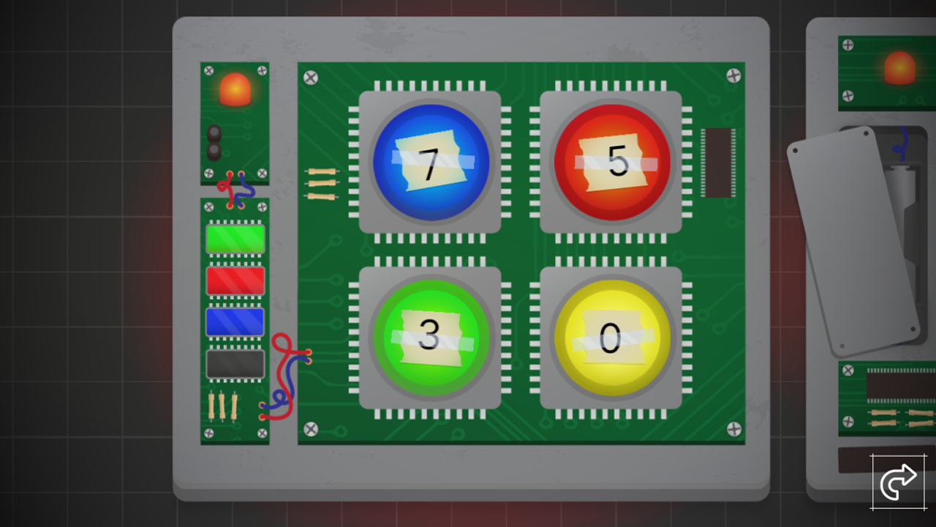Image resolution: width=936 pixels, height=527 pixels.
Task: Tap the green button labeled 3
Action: point(430,337)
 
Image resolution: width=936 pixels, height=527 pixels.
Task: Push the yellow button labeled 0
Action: point(611,337)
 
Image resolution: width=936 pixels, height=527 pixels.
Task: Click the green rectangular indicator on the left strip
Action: point(235,239)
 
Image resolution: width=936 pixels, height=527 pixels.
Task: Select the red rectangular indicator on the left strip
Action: point(235,280)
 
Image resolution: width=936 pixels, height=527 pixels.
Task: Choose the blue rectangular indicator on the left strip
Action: point(235,322)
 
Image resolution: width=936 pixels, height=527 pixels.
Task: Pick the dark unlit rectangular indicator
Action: point(235,364)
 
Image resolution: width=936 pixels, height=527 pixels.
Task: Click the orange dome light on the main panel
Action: point(235,89)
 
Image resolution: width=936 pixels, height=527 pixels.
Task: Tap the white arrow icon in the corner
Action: point(898,482)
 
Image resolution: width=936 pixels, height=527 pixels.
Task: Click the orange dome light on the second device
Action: point(899,68)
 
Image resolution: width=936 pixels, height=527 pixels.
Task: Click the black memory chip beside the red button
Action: point(717,162)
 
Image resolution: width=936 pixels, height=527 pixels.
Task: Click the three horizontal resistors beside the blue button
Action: point(321,184)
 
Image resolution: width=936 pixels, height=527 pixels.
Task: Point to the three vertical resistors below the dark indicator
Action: point(222,406)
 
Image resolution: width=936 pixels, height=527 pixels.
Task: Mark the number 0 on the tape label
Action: point(610,339)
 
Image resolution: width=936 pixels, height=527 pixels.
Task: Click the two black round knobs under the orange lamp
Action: point(214,142)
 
